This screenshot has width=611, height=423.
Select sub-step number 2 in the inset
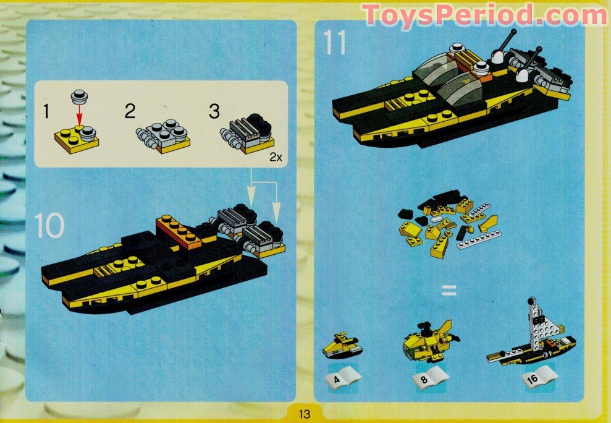[130, 112]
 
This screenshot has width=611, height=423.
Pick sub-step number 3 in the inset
[214, 112]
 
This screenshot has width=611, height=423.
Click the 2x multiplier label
[276, 157]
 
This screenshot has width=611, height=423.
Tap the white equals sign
[449, 289]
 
